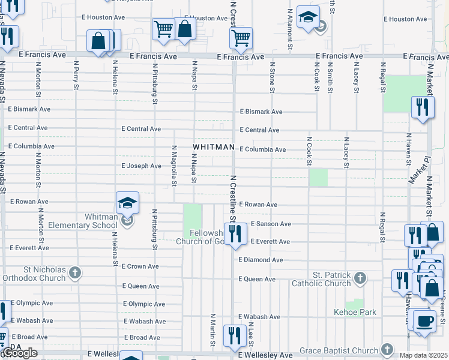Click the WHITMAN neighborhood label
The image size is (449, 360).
213,147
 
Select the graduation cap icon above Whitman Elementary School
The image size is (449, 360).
127,203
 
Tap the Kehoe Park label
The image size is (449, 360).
355,312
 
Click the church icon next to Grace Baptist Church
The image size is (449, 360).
387,350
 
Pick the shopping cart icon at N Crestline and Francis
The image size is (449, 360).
240,39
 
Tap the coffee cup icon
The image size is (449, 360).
426,320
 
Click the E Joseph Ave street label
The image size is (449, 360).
141,166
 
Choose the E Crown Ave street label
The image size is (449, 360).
140,266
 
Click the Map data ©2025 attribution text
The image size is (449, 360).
423,355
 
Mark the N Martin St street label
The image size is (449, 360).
213,329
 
